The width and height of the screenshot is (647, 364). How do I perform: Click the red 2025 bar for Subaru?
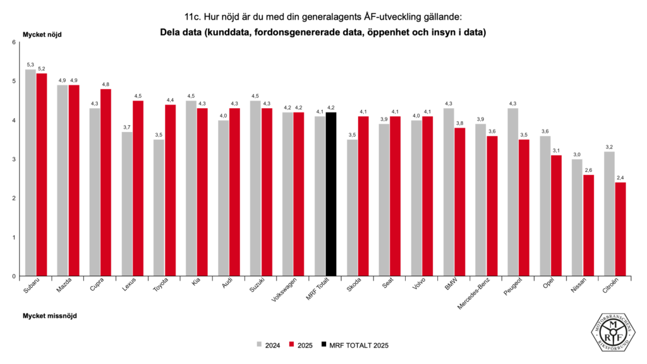(42, 174)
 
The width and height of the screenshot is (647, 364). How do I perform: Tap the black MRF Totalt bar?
(331, 194)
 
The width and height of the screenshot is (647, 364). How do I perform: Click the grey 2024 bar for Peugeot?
(512, 192)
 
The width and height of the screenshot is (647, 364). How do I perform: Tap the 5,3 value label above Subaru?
(30, 64)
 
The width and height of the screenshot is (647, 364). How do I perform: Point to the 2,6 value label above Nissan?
(588, 170)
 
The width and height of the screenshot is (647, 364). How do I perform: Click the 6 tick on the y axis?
(14, 42)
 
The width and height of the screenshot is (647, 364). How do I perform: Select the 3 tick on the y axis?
(14, 159)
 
